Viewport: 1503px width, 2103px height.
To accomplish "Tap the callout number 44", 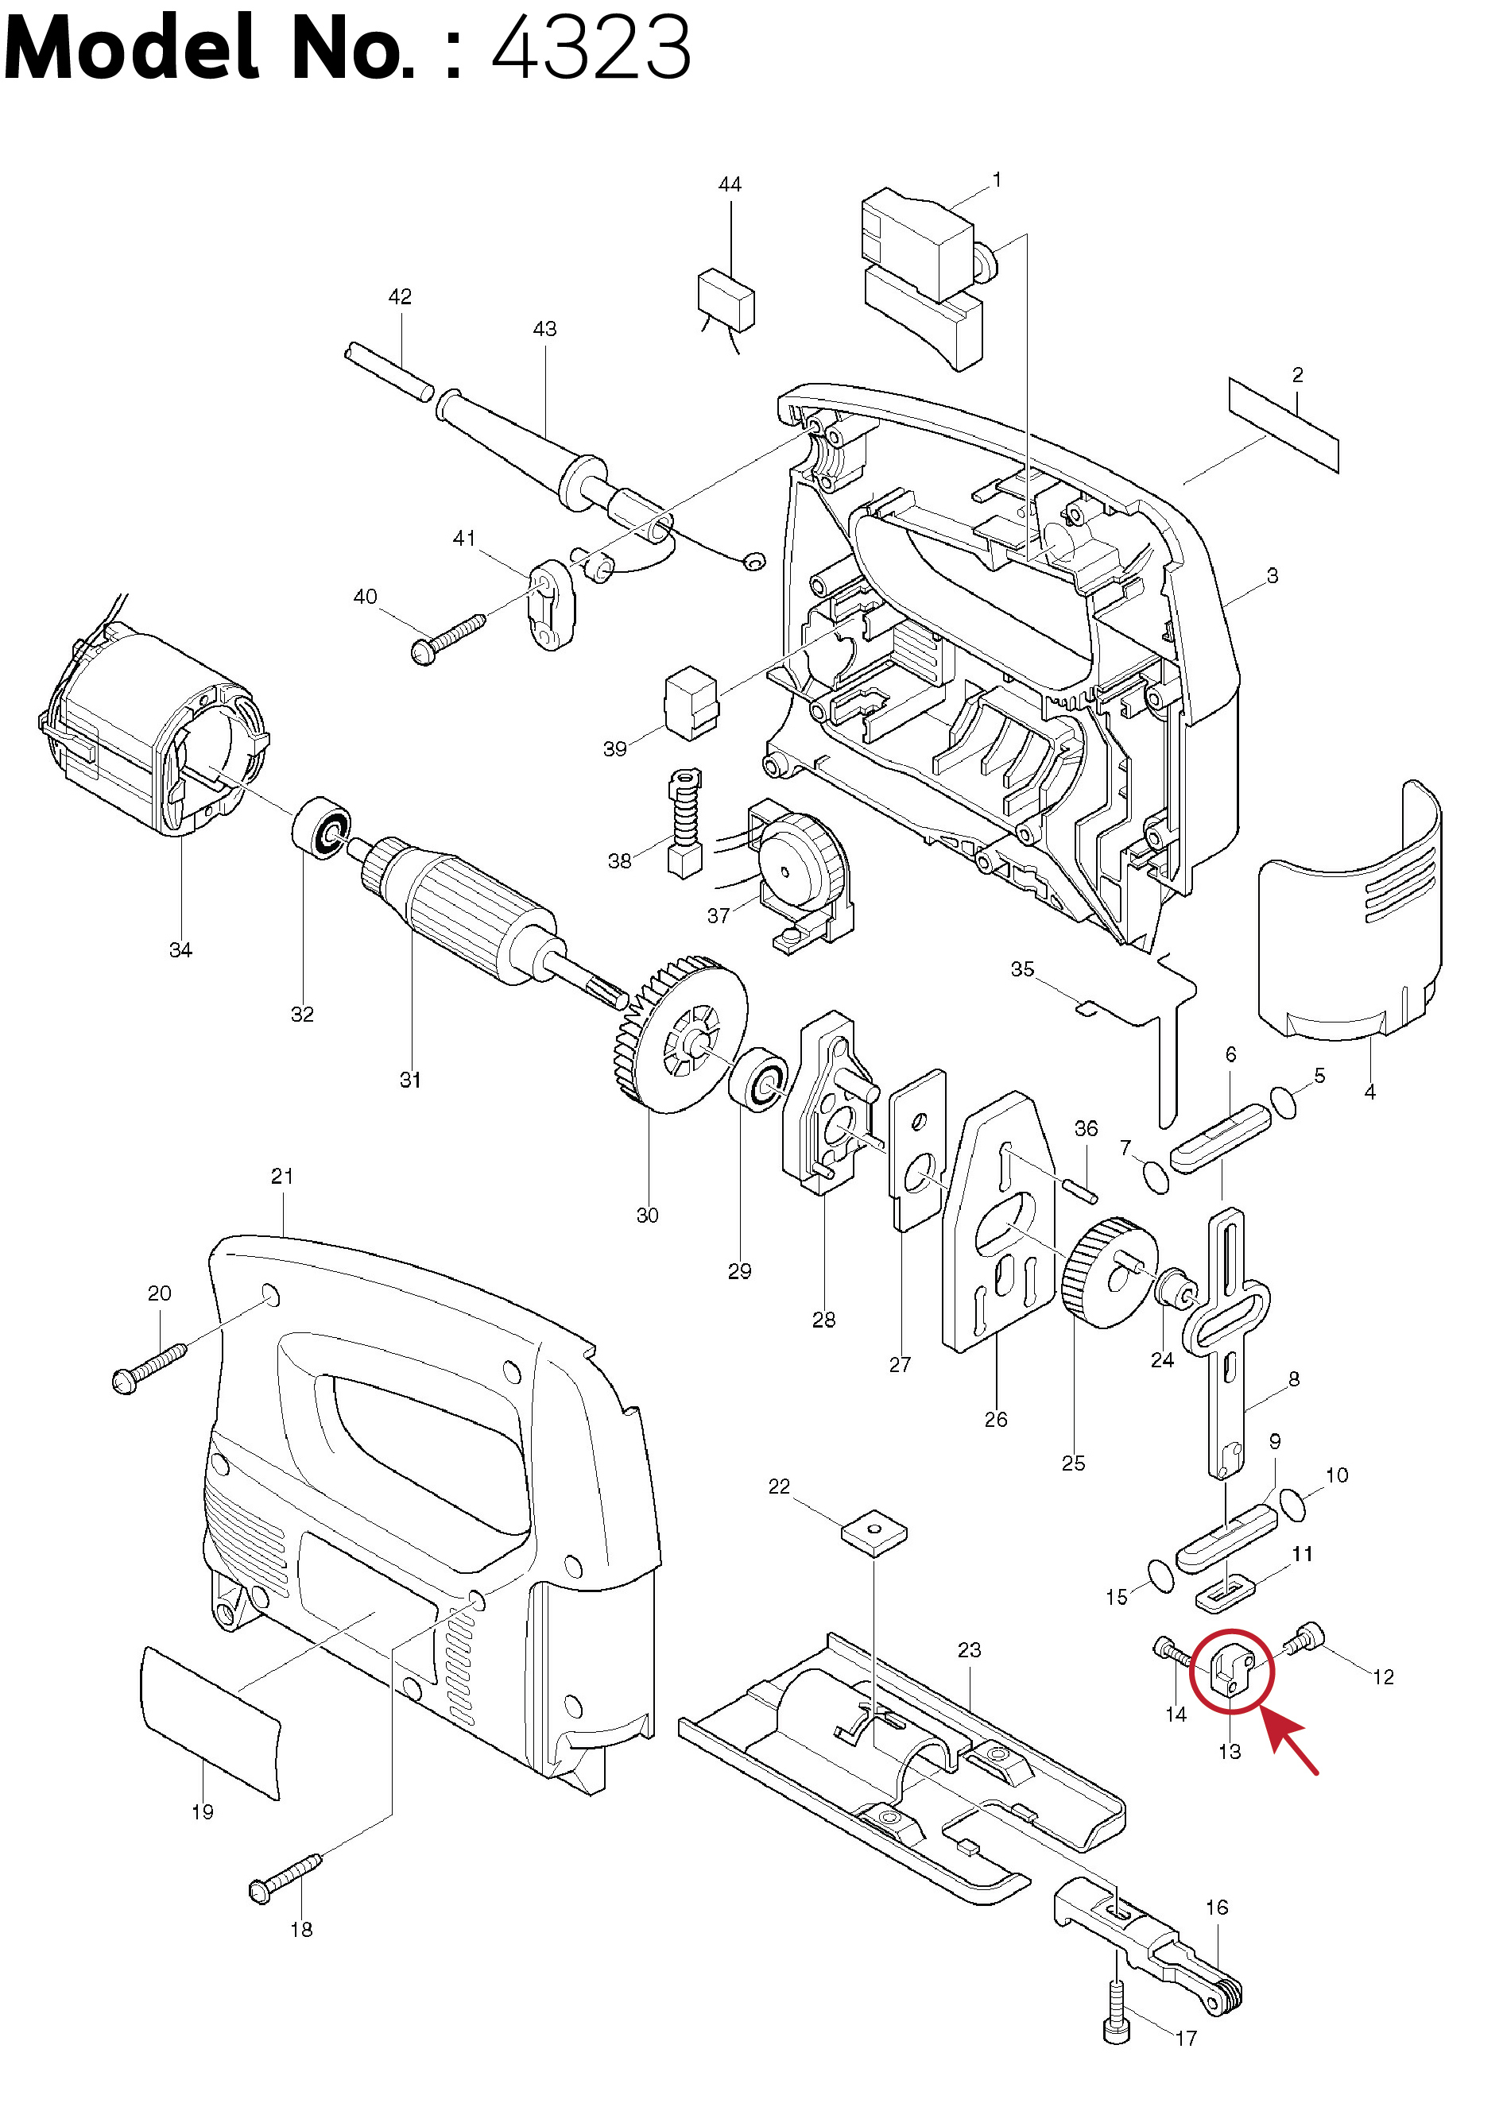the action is point(730,184).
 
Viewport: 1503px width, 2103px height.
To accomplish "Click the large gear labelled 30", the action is point(680,1034).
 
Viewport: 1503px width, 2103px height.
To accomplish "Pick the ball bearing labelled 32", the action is point(321,828).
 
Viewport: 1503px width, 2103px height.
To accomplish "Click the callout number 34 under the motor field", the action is point(180,949).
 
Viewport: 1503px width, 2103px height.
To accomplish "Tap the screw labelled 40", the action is point(448,639).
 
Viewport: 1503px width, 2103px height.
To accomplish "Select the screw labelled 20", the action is point(148,1370).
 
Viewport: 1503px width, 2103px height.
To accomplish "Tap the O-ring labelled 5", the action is point(1283,1102).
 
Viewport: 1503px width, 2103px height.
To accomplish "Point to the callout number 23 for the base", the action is point(969,1649).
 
